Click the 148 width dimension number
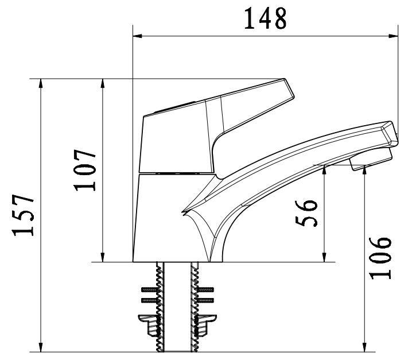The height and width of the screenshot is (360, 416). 265,18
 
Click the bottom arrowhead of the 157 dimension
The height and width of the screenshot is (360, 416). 41,348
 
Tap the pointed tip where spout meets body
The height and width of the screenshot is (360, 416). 183,213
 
